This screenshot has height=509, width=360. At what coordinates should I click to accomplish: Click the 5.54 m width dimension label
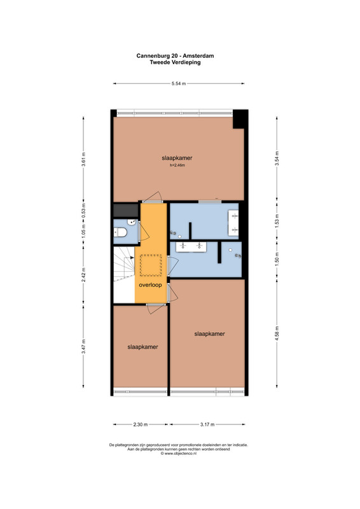coord(179,83)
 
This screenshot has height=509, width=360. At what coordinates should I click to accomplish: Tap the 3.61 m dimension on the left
coord(83,159)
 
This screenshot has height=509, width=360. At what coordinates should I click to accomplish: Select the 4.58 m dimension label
coord(277,333)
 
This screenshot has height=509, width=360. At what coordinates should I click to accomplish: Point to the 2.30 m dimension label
coord(140,424)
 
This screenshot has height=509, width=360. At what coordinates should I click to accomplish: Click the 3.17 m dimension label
coord(207,424)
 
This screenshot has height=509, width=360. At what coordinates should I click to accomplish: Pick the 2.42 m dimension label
coord(83,275)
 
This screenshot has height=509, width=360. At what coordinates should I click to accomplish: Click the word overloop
coord(150,285)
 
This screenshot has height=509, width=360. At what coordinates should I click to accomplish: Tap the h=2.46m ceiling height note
coord(177,165)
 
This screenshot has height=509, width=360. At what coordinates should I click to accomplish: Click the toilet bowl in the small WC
coord(120,232)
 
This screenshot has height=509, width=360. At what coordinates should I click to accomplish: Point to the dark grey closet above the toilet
coord(126,211)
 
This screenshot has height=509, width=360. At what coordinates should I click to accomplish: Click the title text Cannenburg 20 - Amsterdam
coord(175,56)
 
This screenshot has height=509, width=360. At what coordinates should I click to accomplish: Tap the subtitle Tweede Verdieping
coord(175,62)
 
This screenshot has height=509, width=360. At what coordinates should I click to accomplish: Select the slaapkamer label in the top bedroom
coord(177,158)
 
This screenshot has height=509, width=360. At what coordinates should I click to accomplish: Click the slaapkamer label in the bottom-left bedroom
coord(142,347)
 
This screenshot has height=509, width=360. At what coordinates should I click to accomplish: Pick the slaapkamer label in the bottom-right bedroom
coord(209,333)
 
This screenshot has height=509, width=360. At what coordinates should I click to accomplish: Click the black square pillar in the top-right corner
coord(240,119)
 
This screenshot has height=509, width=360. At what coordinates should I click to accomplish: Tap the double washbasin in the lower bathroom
coord(191,246)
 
